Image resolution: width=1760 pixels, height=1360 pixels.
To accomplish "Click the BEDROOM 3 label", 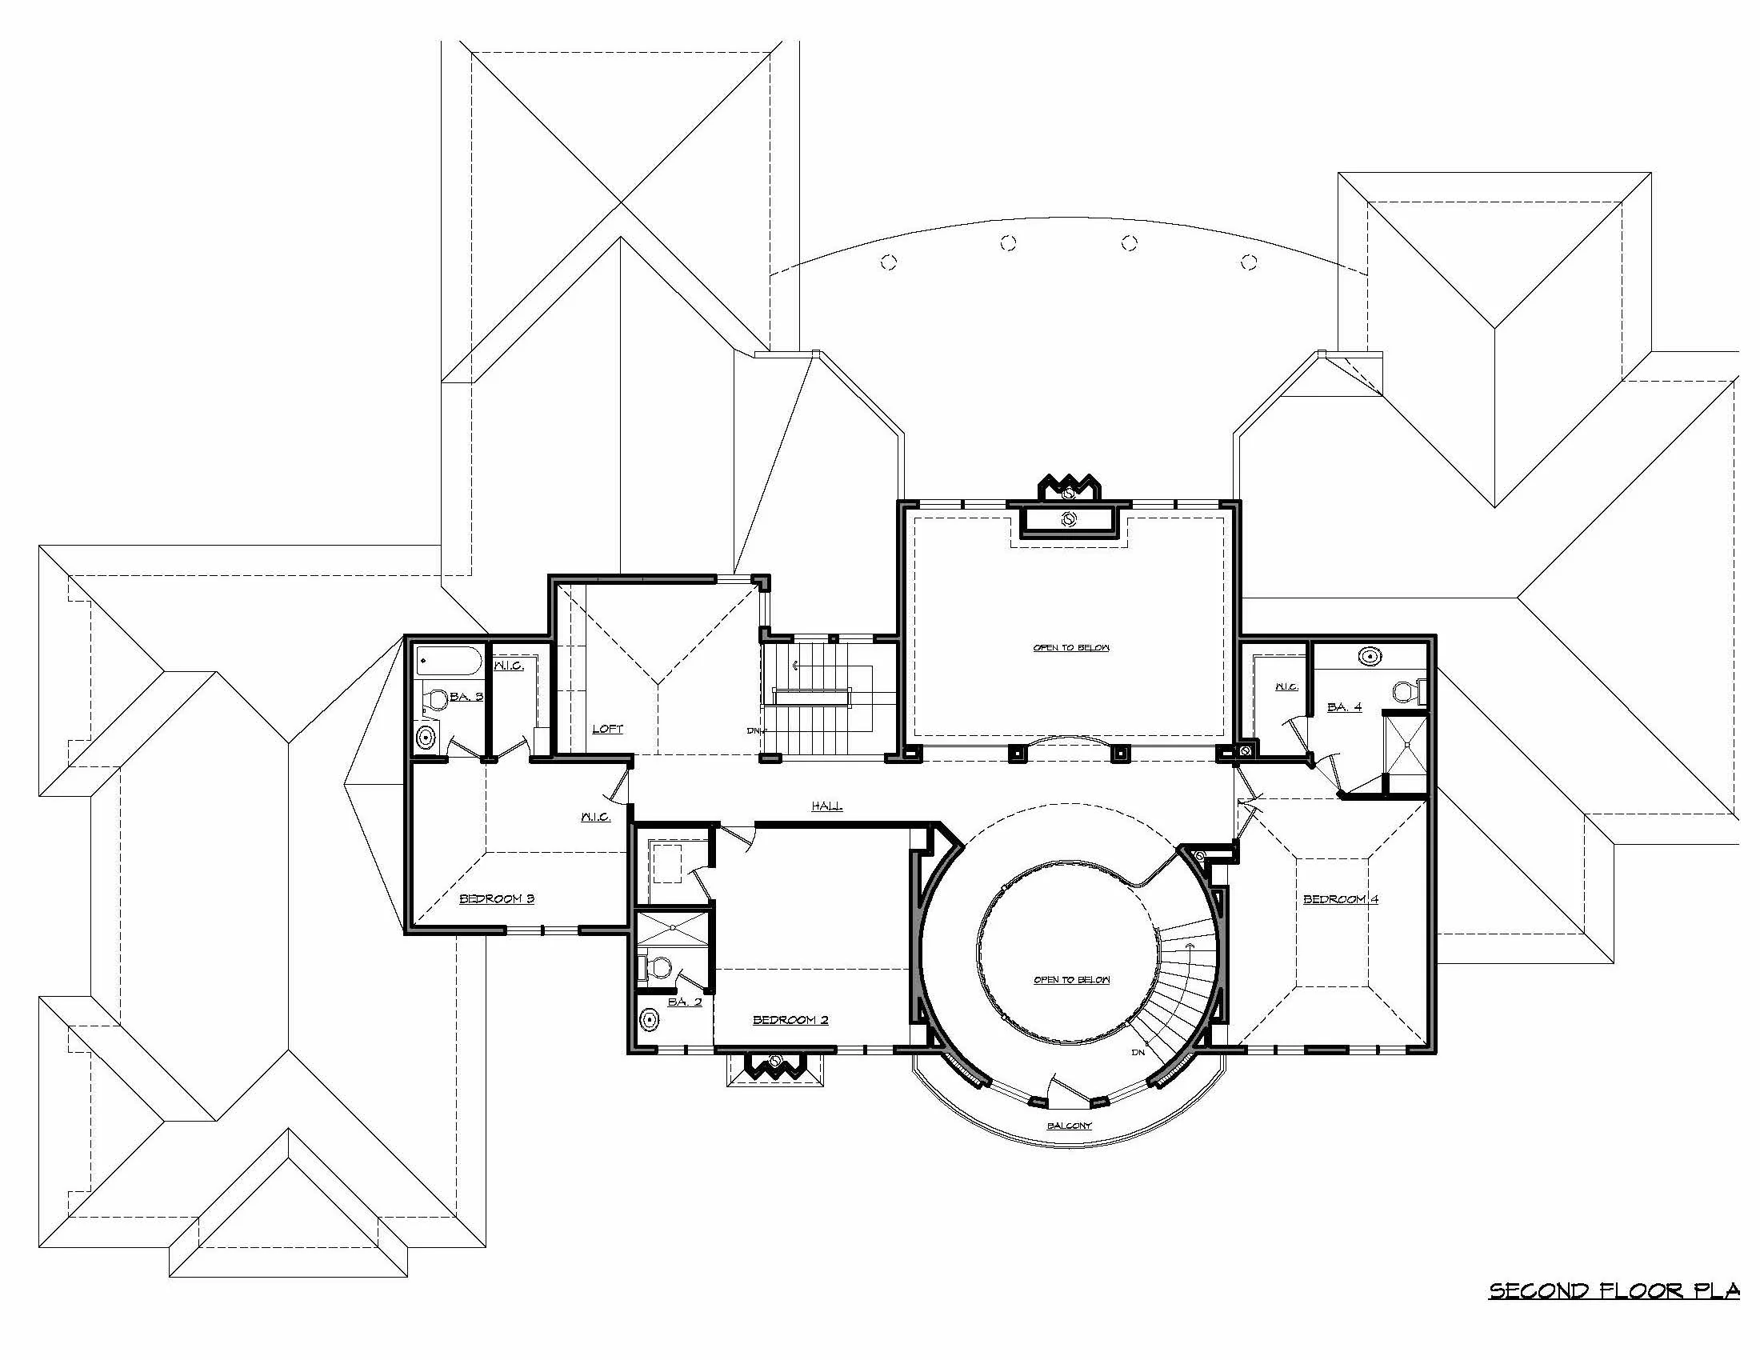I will pos(497,898).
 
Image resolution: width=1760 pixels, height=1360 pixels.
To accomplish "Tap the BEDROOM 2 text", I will pos(790,1020).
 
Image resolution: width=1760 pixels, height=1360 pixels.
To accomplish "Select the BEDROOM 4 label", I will pos(1340,899).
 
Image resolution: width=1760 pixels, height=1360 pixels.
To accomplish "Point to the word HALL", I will pos(827,806).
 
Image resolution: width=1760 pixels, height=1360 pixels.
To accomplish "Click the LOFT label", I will pos(607,728).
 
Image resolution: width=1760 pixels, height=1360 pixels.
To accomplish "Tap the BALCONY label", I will pos(1069,1126).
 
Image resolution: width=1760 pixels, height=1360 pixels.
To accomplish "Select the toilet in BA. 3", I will pos(435,699).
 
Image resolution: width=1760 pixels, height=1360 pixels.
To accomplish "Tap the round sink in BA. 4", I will pos(1370,657).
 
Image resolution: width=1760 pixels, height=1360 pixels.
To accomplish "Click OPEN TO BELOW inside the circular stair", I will pos(1072,980).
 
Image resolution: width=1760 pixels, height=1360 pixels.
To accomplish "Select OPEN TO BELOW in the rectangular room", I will pos(1071,648).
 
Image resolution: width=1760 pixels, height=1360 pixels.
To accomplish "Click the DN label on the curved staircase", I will pos(1138,1052).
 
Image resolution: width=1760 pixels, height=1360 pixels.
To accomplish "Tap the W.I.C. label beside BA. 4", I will pos(1286,686).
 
